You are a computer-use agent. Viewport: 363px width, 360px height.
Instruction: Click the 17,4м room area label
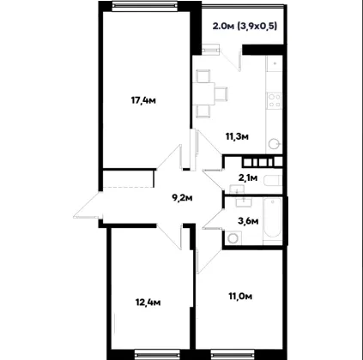tap(143, 100)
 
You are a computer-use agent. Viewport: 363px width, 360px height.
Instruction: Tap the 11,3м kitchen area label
tap(237, 136)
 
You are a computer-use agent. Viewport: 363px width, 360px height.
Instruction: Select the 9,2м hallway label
tap(182, 197)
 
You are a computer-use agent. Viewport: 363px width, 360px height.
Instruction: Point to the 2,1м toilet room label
tap(248, 177)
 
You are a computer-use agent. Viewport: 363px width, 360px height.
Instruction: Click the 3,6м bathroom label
tap(248, 220)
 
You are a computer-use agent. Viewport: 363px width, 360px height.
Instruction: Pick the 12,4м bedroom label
tap(148, 302)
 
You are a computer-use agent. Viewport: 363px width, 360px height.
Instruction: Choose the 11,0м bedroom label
tap(240, 297)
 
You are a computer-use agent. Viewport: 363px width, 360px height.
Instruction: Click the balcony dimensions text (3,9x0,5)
tap(257, 27)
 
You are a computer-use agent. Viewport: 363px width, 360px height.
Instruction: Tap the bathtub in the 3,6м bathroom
tap(272, 221)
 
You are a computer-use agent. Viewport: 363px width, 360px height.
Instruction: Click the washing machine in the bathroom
tap(233, 238)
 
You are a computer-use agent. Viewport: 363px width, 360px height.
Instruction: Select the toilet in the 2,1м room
tap(271, 181)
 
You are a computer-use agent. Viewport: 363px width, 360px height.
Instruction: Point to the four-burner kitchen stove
tap(274, 100)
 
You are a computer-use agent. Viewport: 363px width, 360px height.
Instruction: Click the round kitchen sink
tap(275, 144)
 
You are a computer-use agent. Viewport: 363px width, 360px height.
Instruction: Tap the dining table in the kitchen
tap(203, 93)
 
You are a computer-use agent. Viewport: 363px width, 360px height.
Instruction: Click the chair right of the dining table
tap(221, 93)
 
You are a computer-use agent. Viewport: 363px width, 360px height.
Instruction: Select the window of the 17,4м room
tap(144, 6)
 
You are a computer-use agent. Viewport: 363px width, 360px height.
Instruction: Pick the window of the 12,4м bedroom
tap(148, 355)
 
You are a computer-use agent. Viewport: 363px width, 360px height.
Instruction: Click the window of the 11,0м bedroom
tap(225, 355)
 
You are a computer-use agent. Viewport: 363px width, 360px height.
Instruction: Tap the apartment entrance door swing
tap(88, 205)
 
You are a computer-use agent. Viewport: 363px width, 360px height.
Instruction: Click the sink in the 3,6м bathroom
tap(244, 202)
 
